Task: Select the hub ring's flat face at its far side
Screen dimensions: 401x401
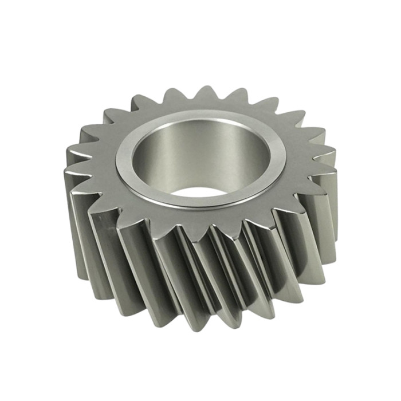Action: coord(200,117)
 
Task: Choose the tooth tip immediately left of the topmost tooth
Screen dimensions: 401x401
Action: coord(171,89)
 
